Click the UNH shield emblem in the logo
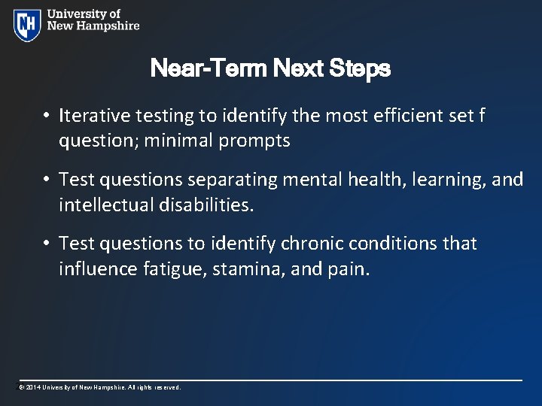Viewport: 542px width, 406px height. click(x=27, y=24)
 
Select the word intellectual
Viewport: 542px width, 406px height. click(x=108, y=205)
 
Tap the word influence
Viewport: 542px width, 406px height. click(x=98, y=268)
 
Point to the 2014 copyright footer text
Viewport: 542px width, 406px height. click(x=100, y=387)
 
